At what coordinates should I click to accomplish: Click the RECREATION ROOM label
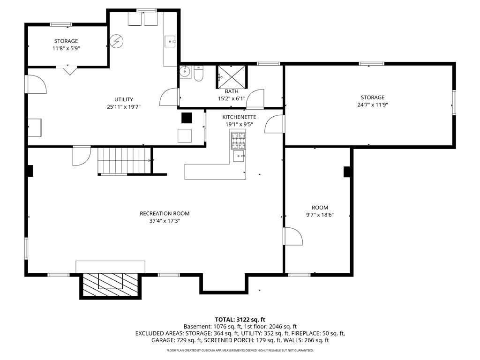click(165, 213)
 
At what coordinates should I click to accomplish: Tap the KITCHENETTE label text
click(239, 117)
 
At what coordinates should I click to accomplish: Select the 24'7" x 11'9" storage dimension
click(373, 105)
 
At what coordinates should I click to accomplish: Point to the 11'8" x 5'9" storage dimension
click(66, 48)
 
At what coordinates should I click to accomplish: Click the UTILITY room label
click(124, 99)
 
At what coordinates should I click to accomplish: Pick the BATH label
click(231, 91)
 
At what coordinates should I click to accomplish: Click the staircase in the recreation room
click(125, 160)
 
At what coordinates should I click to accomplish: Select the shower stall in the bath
click(231, 76)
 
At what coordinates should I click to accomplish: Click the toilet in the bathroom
click(199, 74)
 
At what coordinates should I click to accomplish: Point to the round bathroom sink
click(185, 73)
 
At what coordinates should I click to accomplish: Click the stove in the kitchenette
click(238, 140)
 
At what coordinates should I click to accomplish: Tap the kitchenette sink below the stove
click(240, 156)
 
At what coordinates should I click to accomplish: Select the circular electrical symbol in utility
click(116, 42)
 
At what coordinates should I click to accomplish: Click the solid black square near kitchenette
click(187, 118)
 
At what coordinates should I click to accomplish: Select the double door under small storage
click(69, 71)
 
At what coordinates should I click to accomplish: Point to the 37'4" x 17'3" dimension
click(165, 220)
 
